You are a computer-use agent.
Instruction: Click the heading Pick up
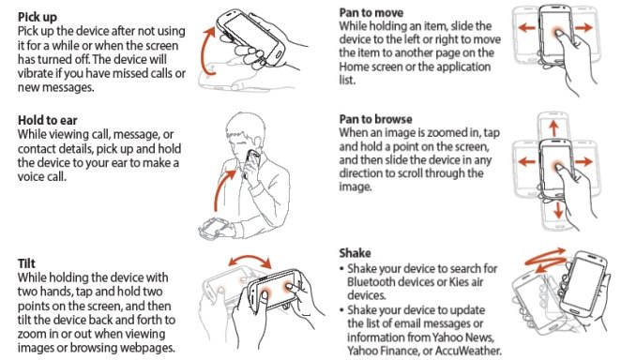pyautogui.click(x=38, y=18)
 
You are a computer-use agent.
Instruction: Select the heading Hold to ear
pyautogui.click(x=48, y=120)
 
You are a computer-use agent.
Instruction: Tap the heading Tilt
pyautogui.click(x=26, y=263)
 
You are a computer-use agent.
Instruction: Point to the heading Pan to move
pyautogui.click(x=371, y=13)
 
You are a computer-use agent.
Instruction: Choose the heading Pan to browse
pyautogui.click(x=375, y=119)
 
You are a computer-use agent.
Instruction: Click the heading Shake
pyautogui.click(x=355, y=253)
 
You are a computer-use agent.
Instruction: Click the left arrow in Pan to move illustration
pyautogui.click(x=527, y=28)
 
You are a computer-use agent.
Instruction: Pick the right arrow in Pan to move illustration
pyautogui.click(x=583, y=27)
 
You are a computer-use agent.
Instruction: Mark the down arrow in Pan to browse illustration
pyautogui.click(x=558, y=210)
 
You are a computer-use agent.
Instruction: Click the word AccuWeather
pyautogui.click(x=468, y=351)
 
